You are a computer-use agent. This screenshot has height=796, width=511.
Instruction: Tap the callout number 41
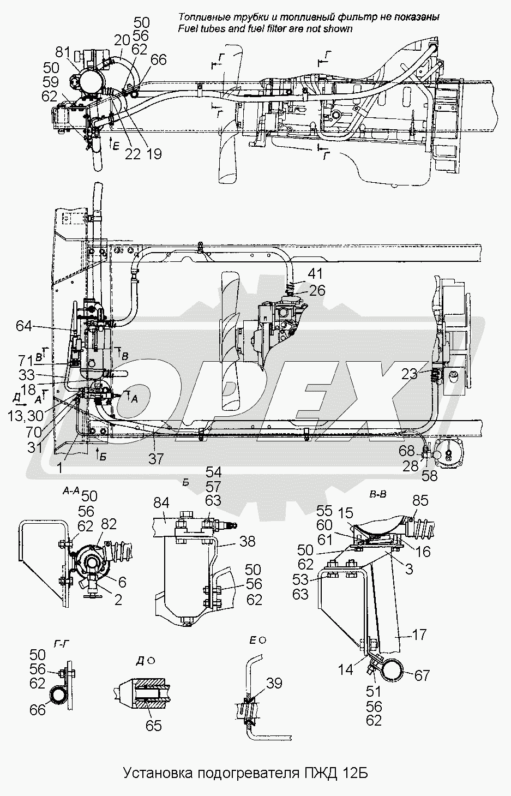(x=315, y=274)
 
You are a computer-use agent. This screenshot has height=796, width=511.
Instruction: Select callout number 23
(x=410, y=374)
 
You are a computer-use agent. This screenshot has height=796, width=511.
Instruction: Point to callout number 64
(x=24, y=326)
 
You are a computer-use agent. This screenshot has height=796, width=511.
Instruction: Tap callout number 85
(x=420, y=501)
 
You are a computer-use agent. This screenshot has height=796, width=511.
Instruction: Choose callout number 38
(x=248, y=542)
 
